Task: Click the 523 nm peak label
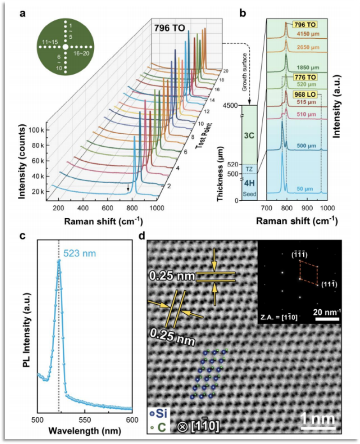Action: pos(78,253)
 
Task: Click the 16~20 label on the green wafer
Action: pos(82,54)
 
